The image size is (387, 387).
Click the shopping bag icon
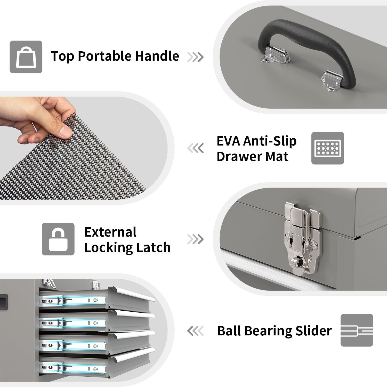pos(26,57)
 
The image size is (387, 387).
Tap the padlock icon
pos(58,239)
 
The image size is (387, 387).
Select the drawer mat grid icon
pos(328,148)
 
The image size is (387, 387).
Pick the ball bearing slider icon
pos(357,330)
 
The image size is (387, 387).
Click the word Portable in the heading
pos(106,57)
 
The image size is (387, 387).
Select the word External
pos(110,232)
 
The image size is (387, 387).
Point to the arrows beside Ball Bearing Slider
pos(195,331)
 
